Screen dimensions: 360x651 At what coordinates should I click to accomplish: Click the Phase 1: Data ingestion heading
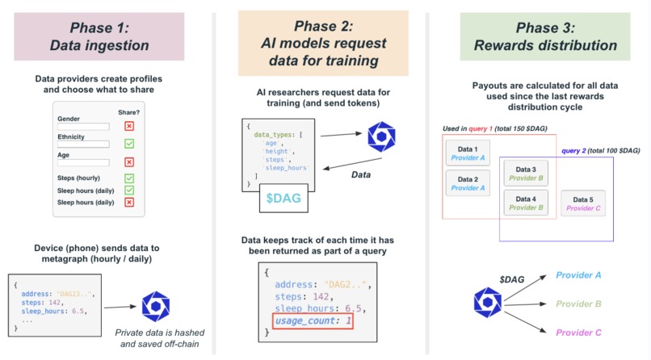click(98, 36)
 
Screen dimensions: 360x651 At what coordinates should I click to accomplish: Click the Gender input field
click(83, 127)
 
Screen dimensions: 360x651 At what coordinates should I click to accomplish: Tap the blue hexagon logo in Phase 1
click(155, 306)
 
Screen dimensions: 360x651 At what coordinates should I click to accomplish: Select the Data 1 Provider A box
click(468, 154)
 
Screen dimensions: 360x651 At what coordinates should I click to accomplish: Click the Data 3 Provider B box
click(526, 173)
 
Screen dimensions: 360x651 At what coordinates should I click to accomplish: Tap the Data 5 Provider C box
click(582, 203)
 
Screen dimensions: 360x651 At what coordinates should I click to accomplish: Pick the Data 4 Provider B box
click(526, 203)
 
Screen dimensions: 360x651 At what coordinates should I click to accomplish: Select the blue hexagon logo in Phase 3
click(487, 303)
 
